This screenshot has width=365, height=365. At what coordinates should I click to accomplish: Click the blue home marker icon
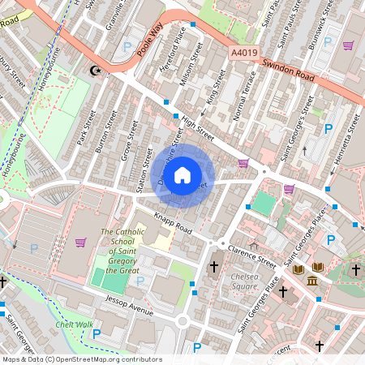tap(182, 174)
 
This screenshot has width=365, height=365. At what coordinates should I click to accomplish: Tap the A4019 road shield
tap(243, 53)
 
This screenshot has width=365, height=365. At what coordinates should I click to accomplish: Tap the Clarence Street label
tap(252, 255)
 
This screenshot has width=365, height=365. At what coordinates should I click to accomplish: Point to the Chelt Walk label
tap(75, 324)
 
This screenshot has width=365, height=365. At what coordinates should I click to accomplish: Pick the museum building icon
tap(312, 281)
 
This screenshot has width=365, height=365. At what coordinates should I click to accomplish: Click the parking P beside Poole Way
tap(127, 48)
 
